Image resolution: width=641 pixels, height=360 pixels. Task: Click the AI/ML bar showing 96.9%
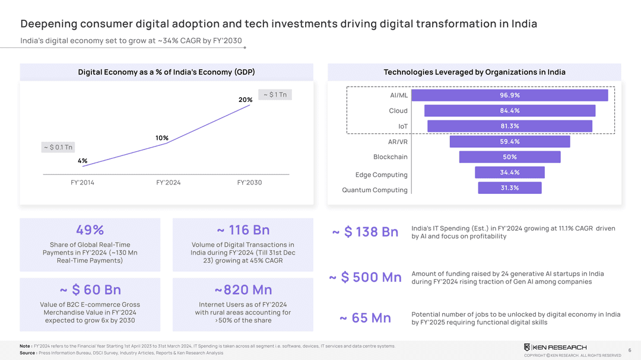click(x=509, y=95)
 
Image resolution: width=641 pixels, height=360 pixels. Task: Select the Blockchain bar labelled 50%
click(x=509, y=157)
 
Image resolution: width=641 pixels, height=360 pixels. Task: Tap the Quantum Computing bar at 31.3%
click(x=509, y=188)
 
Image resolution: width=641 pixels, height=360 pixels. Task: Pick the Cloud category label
click(x=398, y=111)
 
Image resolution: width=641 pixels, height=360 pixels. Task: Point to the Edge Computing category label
click(x=381, y=175)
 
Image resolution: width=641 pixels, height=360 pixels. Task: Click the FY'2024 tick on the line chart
click(x=168, y=183)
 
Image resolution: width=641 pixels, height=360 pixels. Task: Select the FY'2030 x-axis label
click(x=249, y=183)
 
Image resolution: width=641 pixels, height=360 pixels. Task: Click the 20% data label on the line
click(x=245, y=100)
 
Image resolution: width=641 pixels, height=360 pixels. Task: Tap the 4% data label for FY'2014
click(x=82, y=161)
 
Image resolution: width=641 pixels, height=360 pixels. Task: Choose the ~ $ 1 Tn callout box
click(x=275, y=95)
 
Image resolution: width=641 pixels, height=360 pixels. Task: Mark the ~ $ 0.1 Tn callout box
click(x=58, y=147)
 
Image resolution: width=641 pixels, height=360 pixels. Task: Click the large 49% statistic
click(x=90, y=230)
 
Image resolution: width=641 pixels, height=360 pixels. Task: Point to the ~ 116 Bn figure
click(x=243, y=230)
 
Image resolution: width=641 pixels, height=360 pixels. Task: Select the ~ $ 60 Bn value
click(x=90, y=290)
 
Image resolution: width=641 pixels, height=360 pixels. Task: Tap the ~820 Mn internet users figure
click(x=243, y=290)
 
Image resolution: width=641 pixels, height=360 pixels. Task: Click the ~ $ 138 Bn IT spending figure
click(x=365, y=232)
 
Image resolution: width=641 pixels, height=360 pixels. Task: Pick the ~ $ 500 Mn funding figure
click(x=365, y=278)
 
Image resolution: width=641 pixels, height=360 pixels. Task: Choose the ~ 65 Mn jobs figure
click(x=365, y=318)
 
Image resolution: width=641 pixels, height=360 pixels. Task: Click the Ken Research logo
click(x=555, y=347)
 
